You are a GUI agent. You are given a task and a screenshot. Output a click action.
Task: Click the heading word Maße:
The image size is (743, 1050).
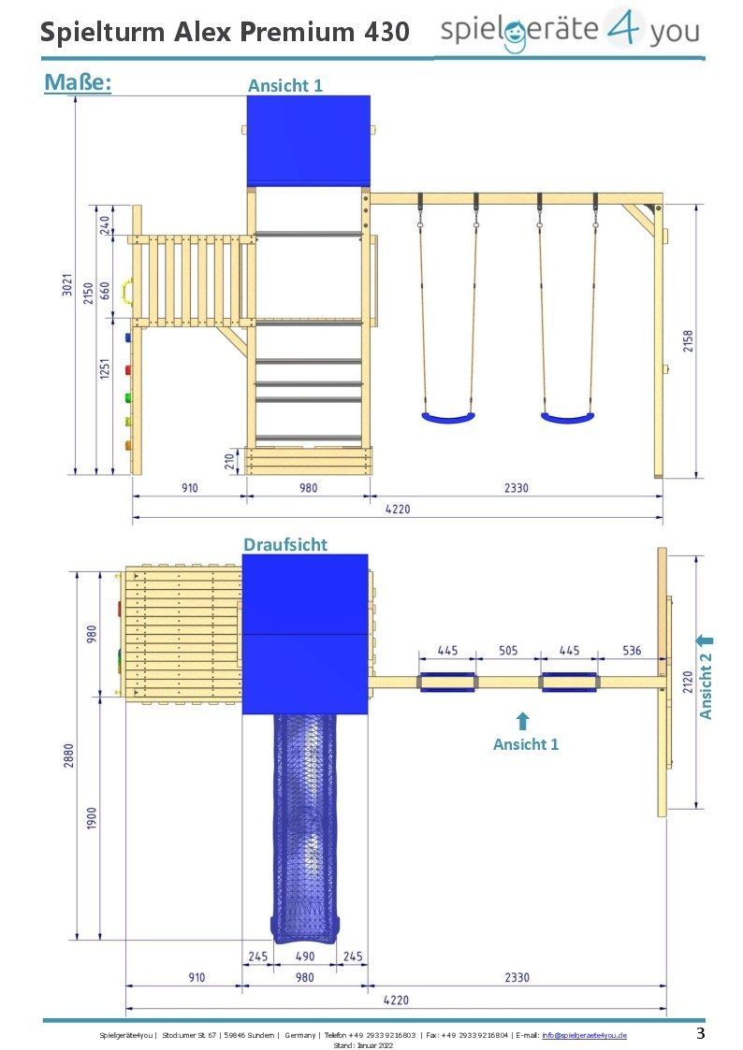coord(78,82)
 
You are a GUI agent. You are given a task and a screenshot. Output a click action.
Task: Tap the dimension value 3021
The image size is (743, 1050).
coord(67,285)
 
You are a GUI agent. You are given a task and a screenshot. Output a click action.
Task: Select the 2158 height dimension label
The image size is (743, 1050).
coord(688,341)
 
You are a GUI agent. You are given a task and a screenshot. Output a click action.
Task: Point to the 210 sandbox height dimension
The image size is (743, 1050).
coord(229,461)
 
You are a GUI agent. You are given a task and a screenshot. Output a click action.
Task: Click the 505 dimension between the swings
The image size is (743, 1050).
coord(508,650)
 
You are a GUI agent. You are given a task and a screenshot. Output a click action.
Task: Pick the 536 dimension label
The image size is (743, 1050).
coord(632,650)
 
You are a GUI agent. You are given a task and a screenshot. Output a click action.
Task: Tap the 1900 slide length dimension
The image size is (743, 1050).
coord(92,817)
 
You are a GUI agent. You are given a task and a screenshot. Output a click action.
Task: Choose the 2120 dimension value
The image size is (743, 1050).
coord(688,682)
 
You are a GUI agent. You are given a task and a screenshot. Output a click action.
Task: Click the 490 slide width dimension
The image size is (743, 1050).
coord(305,957)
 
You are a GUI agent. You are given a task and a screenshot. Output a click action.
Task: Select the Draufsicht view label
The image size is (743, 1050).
coord(285,544)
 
